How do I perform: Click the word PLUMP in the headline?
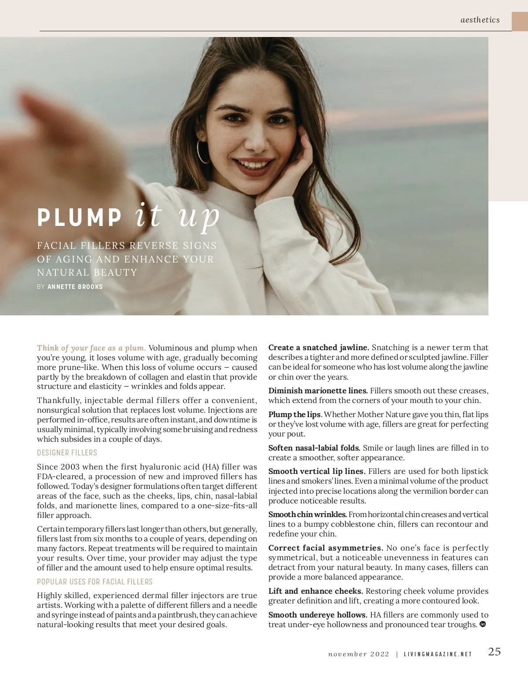click(x=79, y=217)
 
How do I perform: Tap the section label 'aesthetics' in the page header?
click(x=480, y=20)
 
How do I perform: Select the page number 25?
click(x=495, y=652)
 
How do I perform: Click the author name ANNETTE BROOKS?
click(x=75, y=287)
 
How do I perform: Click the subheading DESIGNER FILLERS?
click(x=67, y=453)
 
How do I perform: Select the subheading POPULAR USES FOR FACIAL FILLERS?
click(x=95, y=582)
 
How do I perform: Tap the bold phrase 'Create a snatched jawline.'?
click(x=319, y=348)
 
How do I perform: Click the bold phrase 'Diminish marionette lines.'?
click(x=318, y=391)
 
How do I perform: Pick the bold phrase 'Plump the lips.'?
click(x=295, y=414)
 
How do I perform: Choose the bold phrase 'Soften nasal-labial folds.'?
click(x=314, y=448)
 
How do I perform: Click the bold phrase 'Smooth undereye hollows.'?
click(x=318, y=615)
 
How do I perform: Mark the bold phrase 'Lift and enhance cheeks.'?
click(x=315, y=591)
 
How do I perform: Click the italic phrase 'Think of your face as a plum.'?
click(x=92, y=348)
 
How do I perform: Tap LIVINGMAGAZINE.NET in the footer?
click(x=438, y=654)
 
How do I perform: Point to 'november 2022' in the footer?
click(x=359, y=654)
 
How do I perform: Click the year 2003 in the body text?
click(x=70, y=467)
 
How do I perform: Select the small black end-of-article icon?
click(x=483, y=624)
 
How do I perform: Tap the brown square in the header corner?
click(x=520, y=21)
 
